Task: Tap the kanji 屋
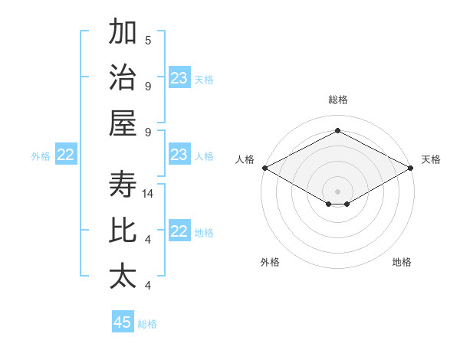click(x=123, y=123)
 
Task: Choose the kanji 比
click(x=123, y=231)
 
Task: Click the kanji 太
click(x=123, y=276)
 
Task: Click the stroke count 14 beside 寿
click(x=149, y=195)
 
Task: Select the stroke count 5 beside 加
click(x=148, y=41)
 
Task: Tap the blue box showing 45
click(x=123, y=322)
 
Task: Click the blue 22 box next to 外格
click(x=65, y=155)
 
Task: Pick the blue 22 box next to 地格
click(x=179, y=232)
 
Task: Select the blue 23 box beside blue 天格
click(x=179, y=78)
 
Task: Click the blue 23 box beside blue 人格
click(x=179, y=155)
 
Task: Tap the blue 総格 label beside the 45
click(x=147, y=324)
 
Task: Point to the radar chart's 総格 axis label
click(x=337, y=100)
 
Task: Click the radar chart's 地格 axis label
click(x=402, y=263)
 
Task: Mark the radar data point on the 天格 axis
click(x=411, y=168)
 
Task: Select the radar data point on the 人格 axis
click(x=264, y=168)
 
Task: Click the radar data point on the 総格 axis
click(x=337, y=131)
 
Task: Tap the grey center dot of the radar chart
click(x=337, y=191)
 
